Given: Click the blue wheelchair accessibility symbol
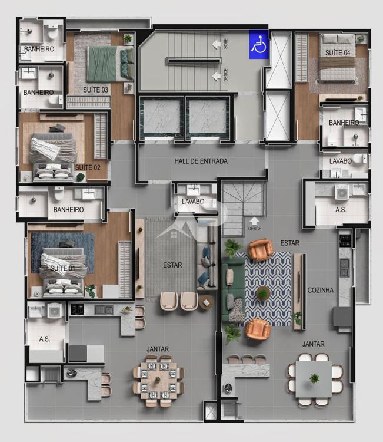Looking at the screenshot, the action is pos(259,45).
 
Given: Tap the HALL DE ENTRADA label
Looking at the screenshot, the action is pos(201,161).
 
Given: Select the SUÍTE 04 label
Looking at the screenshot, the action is pos(338,52).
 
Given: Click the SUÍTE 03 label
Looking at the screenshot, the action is pos(95,90).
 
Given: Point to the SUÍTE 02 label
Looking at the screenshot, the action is pos(88,167).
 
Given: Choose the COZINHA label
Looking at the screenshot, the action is pos(320,290).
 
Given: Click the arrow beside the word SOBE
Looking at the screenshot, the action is pos(216,44).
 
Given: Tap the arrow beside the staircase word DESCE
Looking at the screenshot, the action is pos(216,76).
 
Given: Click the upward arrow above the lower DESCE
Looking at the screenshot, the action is pos(254,220).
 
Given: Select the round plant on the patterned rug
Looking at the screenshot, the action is pos(263,293).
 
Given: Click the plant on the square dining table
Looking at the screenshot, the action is pos(314,378).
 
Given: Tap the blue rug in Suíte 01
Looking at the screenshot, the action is pos(62,253).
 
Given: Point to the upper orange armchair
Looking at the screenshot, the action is pos(260,249).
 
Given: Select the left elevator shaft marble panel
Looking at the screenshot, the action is pos(162,117).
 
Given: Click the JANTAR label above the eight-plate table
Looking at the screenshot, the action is pos(158,349).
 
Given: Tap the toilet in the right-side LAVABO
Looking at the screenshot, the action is pos(359,159).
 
